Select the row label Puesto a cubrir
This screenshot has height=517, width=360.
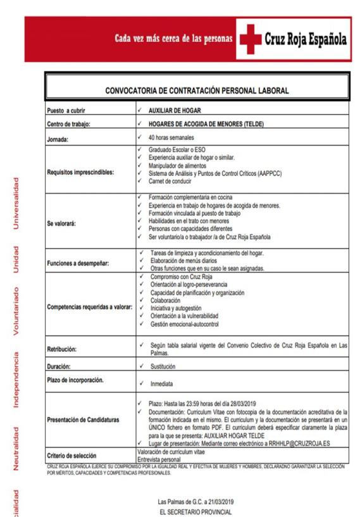click(x=70, y=110)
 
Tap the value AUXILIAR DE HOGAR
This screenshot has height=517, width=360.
click(x=173, y=110)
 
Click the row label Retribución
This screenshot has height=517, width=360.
click(x=65, y=348)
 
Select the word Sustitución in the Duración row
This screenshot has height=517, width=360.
click(x=164, y=366)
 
